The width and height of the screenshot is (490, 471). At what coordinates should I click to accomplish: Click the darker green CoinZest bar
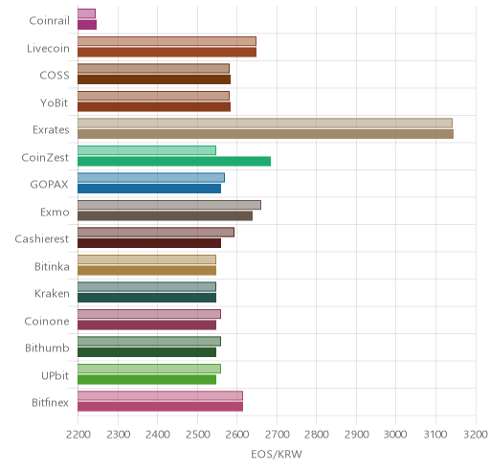coord(174,162)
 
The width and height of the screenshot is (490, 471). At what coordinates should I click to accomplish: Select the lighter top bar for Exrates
coord(265,123)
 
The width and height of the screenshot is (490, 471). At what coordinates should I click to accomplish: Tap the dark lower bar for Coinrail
coord(87,25)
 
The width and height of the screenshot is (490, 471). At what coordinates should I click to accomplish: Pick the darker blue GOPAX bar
coord(149,189)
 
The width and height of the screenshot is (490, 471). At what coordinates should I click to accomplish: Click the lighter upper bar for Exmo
coord(169,205)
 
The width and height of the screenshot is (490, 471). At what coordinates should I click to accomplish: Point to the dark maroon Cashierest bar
coord(149,243)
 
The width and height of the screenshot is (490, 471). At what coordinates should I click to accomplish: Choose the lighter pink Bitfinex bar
coord(160,395)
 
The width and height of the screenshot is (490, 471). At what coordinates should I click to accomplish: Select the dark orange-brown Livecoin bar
coord(167,53)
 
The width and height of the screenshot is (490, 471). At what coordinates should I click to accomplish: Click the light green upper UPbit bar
coord(149,369)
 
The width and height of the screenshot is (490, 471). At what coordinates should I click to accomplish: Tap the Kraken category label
coord(52,294)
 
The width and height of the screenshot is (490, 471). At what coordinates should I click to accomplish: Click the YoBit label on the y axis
coord(55,103)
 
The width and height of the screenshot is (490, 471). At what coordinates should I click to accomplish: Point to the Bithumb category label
coord(47,348)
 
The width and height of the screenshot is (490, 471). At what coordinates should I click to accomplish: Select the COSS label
coord(55,76)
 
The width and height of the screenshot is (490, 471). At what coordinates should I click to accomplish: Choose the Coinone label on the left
coord(47,321)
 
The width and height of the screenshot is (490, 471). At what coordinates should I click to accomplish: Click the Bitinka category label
coord(52,266)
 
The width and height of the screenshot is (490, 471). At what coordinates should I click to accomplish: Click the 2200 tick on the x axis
coord(78,435)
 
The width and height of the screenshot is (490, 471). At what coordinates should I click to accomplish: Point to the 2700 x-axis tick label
coord(277,435)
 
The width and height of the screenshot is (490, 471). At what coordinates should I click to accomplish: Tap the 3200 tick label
coord(476,435)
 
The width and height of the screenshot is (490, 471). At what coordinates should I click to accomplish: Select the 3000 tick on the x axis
coord(395,435)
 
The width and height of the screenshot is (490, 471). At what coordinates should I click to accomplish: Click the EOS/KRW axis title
coord(277,454)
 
